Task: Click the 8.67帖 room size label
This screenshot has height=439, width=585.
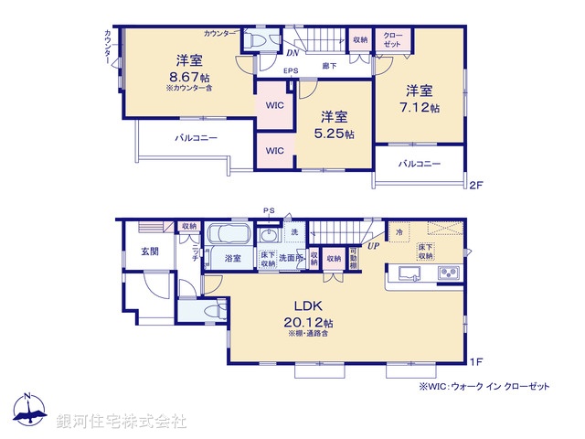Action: click(x=188, y=79)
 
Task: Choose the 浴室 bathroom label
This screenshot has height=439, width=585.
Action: click(x=233, y=259)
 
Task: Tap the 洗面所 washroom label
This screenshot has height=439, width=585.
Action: click(x=291, y=259)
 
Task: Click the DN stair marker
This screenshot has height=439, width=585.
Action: click(x=291, y=53)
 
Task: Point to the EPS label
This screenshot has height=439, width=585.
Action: click(x=291, y=70)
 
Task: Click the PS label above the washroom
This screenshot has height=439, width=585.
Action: click(x=269, y=211)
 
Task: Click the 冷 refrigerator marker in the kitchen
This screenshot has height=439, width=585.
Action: click(x=399, y=233)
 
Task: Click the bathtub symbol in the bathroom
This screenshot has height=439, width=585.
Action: click(x=233, y=235)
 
